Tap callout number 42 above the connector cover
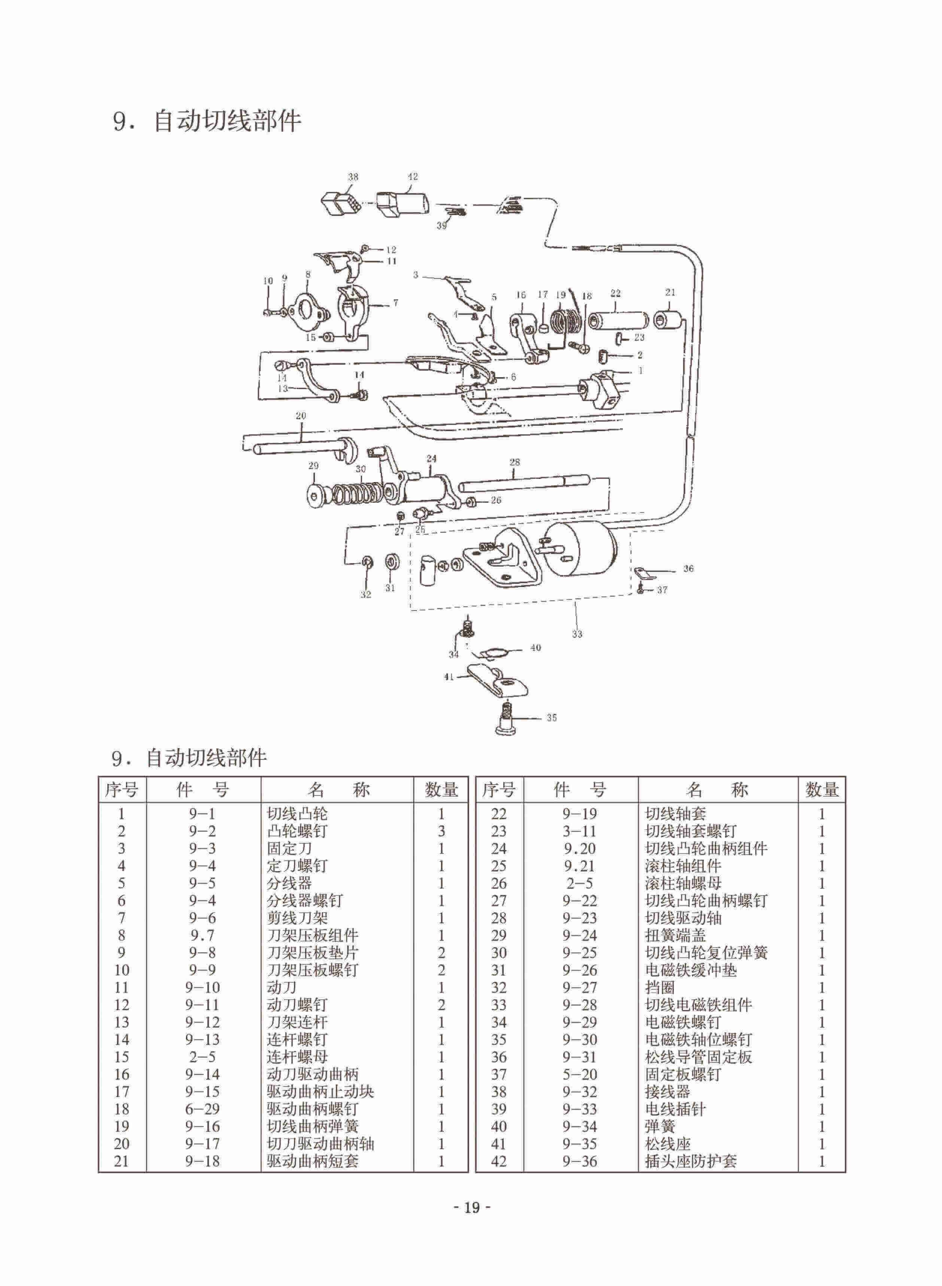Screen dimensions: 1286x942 tap(413, 177)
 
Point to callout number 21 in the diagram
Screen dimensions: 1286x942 tap(670, 292)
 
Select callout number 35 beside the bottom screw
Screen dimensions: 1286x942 tap(551, 718)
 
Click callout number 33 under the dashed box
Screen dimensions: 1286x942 tap(577, 633)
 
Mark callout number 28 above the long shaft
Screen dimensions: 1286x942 tap(515, 462)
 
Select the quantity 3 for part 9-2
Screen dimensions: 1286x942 tap(441, 831)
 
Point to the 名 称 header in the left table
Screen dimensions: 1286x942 tap(338, 790)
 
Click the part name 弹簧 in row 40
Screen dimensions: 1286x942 tap(660, 1127)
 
